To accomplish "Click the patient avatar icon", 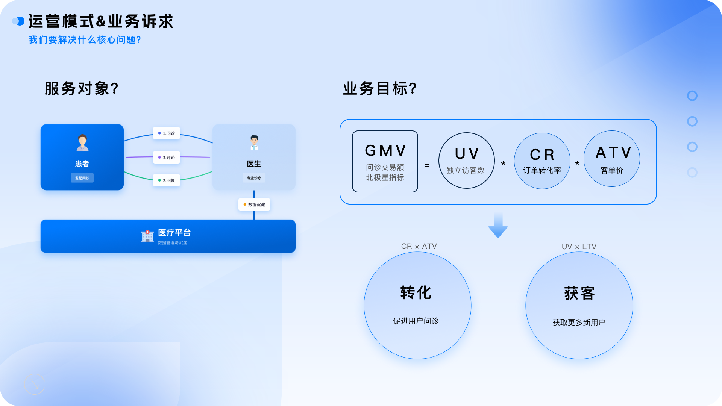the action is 82,142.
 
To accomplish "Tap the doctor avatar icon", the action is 254,143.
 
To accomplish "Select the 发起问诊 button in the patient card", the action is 82,178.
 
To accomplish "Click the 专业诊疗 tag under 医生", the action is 254,178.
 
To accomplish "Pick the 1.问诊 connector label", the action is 167,133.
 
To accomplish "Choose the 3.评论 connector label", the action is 167,158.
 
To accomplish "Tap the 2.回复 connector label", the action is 167,180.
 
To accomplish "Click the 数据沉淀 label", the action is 254,205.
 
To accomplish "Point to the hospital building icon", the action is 147,236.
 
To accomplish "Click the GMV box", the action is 385,161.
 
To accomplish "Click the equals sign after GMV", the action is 427,165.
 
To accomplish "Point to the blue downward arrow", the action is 498,225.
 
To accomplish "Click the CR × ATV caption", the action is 419,246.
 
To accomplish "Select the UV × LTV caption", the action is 579,247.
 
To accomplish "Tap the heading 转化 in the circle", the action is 416,292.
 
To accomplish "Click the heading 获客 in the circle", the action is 579,293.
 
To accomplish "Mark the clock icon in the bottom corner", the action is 35,384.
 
